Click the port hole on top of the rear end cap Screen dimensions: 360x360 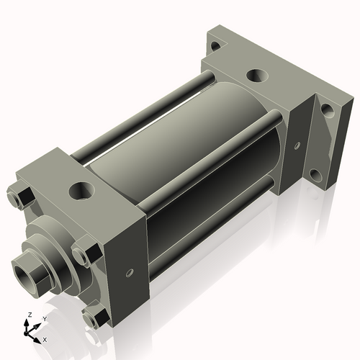pos(256,74)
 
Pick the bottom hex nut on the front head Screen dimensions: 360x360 pos(94,317)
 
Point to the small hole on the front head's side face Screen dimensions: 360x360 pos(129,273)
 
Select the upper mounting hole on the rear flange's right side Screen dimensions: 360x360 pos(326,110)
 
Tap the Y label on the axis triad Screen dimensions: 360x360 pos(44,318)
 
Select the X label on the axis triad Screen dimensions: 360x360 pos(45,338)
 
